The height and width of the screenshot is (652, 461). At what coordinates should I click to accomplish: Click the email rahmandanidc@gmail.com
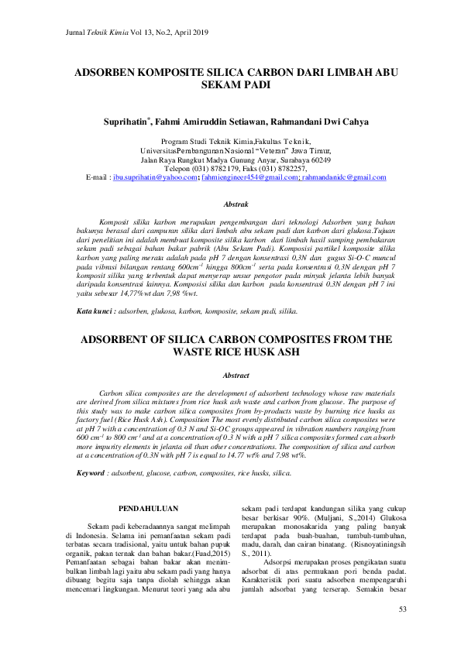pyautogui.click(x=344, y=177)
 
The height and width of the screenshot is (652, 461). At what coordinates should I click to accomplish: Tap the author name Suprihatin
pyautogui.click(x=126, y=122)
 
